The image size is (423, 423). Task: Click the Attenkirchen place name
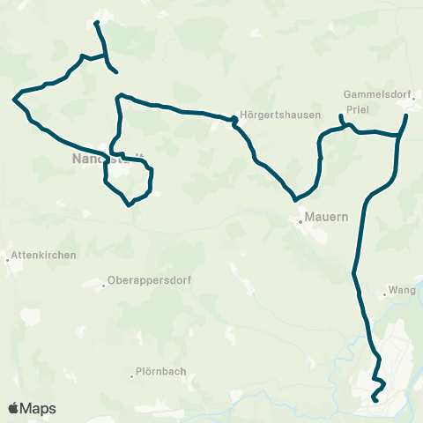pyautogui.click(x=44, y=255)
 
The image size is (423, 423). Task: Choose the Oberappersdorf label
pyautogui.click(x=149, y=281)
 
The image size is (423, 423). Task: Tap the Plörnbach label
pyautogui.click(x=161, y=371)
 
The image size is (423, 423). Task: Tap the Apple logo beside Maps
pyautogui.click(x=14, y=408)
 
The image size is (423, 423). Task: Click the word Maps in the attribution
pyautogui.click(x=38, y=408)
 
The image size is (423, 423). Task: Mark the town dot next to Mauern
pyautogui.click(x=300, y=221)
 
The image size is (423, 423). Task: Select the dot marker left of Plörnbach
pyautogui.click(x=130, y=372)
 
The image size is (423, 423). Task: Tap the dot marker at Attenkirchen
pyautogui.click(x=9, y=259)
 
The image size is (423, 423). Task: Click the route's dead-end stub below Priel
pyautogui.click(x=340, y=116)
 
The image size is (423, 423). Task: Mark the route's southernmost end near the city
pyautogui.click(x=375, y=401)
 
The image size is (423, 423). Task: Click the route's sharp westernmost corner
pyautogui.click(x=15, y=99)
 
